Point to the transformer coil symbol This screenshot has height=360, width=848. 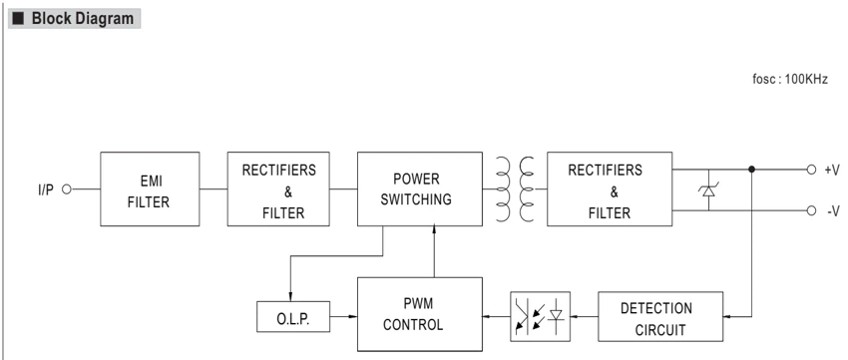click(515, 189)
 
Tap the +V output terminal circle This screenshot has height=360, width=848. click(811, 170)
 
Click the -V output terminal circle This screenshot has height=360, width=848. click(811, 210)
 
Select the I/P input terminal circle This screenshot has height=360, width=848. click(67, 189)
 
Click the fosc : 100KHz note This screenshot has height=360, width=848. click(790, 80)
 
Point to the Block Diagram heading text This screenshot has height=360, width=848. click(82, 18)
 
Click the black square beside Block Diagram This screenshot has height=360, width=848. click(18, 18)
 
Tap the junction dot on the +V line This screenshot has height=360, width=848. click(751, 170)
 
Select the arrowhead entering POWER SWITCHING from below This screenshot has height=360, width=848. click(434, 229)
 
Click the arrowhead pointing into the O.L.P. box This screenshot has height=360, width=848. click(290, 298)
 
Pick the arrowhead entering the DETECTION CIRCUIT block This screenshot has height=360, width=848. click(727, 317)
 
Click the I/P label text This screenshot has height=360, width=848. click(46, 189)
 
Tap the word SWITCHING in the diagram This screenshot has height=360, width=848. click(416, 199)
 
